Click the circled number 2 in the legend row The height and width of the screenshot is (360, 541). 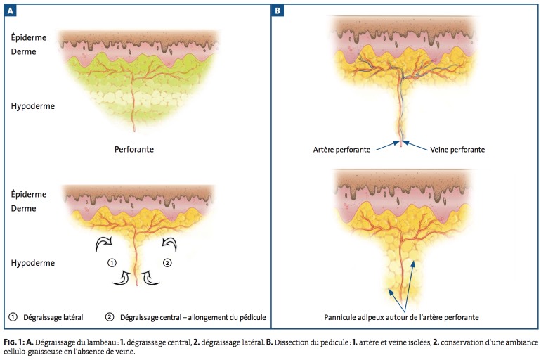pos(110,317)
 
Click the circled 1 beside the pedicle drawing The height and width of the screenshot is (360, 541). pos(111,263)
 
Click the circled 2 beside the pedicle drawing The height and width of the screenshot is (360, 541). pos(167,263)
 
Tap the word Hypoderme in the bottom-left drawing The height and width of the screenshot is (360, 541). pos(33,262)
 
